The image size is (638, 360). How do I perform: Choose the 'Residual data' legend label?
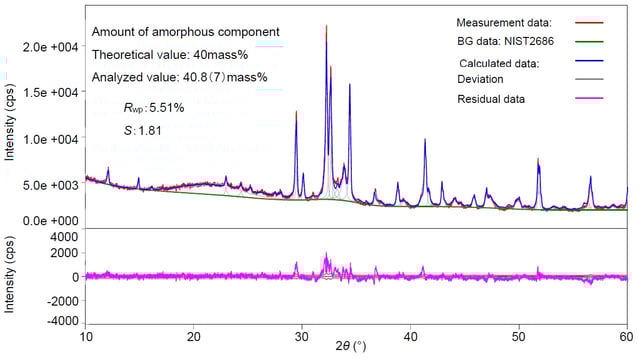(493, 98)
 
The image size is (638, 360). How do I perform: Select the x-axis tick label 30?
(302, 337)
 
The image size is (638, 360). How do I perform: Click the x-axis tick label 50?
(518, 337)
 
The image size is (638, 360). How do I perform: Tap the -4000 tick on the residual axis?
(63, 321)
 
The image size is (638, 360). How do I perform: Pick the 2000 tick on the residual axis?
(66, 257)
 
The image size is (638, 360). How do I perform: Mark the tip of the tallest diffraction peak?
(326, 27)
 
